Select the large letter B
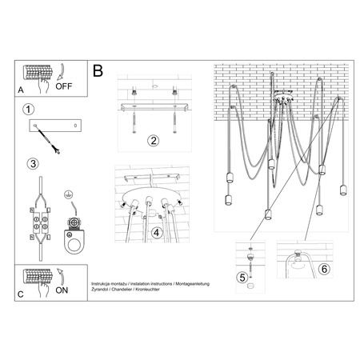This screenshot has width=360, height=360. point(98,72)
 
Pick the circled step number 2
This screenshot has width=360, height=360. point(153,141)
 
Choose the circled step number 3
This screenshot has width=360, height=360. point(30,164)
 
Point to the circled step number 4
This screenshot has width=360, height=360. point(157,233)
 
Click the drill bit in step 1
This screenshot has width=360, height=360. point(54,146)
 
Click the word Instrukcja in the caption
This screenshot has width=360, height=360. point(104,284)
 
